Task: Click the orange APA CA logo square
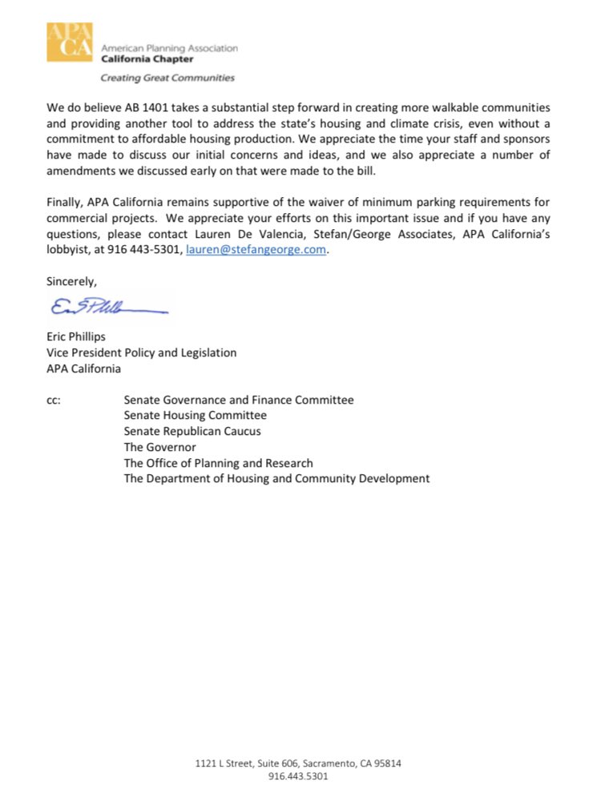(x=70, y=42)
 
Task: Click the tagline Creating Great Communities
(x=167, y=78)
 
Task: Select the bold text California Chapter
(x=147, y=58)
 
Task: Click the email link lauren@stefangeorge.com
(x=257, y=250)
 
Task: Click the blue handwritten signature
(x=107, y=306)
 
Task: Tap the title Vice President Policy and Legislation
(x=142, y=352)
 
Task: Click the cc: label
(x=54, y=400)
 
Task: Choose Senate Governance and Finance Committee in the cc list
(x=238, y=400)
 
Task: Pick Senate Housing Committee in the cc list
(x=195, y=415)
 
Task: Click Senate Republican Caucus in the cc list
(x=192, y=431)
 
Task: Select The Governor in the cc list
(x=159, y=447)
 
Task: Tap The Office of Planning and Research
(x=218, y=463)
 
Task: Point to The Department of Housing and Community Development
(x=276, y=478)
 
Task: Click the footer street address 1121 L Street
(x=298, y=763)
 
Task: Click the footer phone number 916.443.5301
(x=298, y=776)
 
